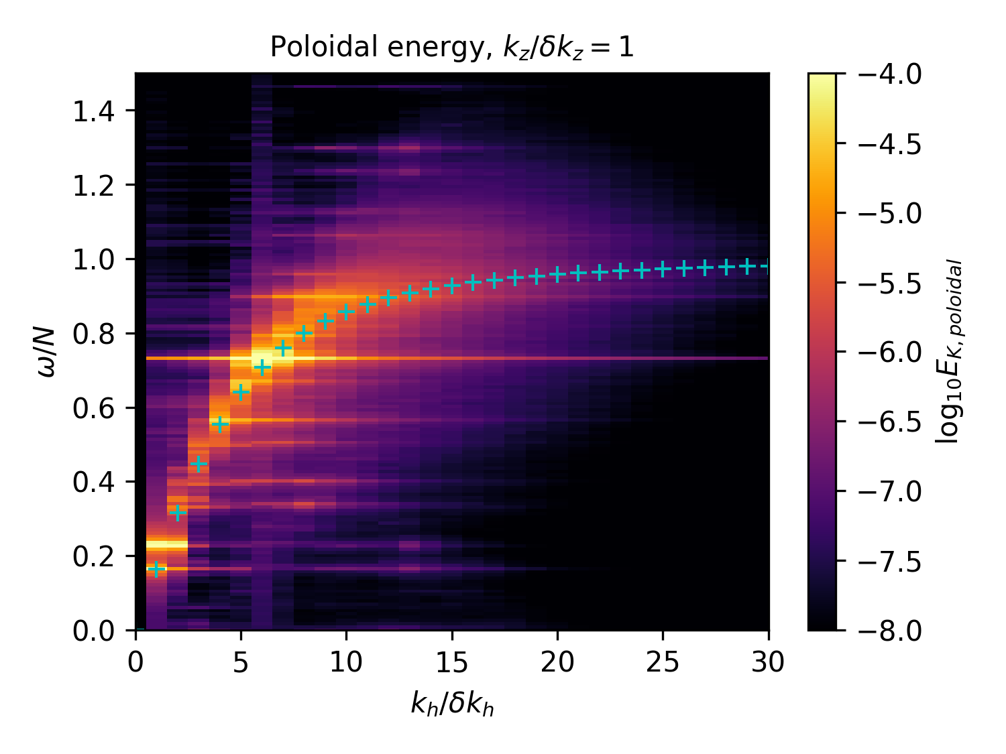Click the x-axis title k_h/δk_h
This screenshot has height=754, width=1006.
coord(452,704)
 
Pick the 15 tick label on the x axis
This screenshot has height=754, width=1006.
coord(452,663)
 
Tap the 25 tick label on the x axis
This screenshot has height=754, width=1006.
coord(663,663)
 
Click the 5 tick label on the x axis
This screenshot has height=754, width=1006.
coord(241,663)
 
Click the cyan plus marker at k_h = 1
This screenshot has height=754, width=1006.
coord(156,569)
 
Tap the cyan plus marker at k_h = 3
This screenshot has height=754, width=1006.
coord(199,464)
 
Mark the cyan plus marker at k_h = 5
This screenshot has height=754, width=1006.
coord(241,392)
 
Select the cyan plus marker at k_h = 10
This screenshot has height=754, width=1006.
coord(346,312)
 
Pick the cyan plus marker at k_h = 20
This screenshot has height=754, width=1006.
coord(557,274)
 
